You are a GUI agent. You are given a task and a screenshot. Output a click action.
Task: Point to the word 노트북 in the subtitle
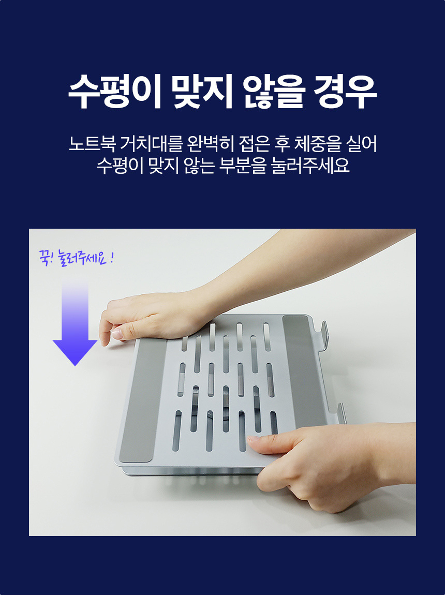(x=92, y=144)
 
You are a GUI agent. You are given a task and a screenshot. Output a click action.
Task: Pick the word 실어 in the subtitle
(x=362, y=144)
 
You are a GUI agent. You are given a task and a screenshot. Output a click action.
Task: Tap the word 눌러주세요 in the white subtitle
(x=310, y=166)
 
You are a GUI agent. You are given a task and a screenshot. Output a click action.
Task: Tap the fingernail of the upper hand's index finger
(x=116, y=334)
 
